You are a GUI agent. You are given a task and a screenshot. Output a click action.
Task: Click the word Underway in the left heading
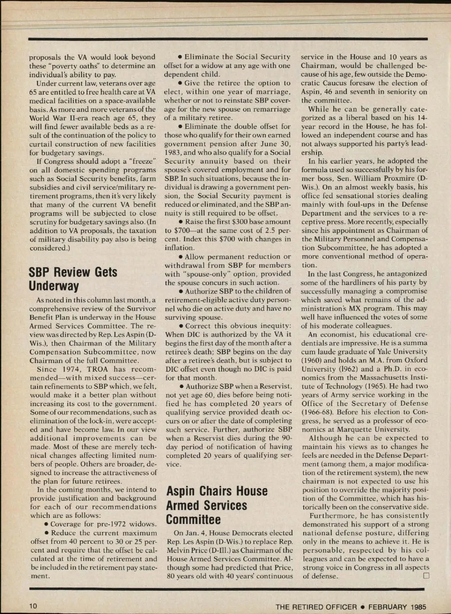click(x=54, y=286)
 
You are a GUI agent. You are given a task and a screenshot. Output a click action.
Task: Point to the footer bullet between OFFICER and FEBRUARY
click(x=363, y=606)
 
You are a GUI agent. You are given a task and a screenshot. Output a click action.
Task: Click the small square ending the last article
click(x=426, y=576)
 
